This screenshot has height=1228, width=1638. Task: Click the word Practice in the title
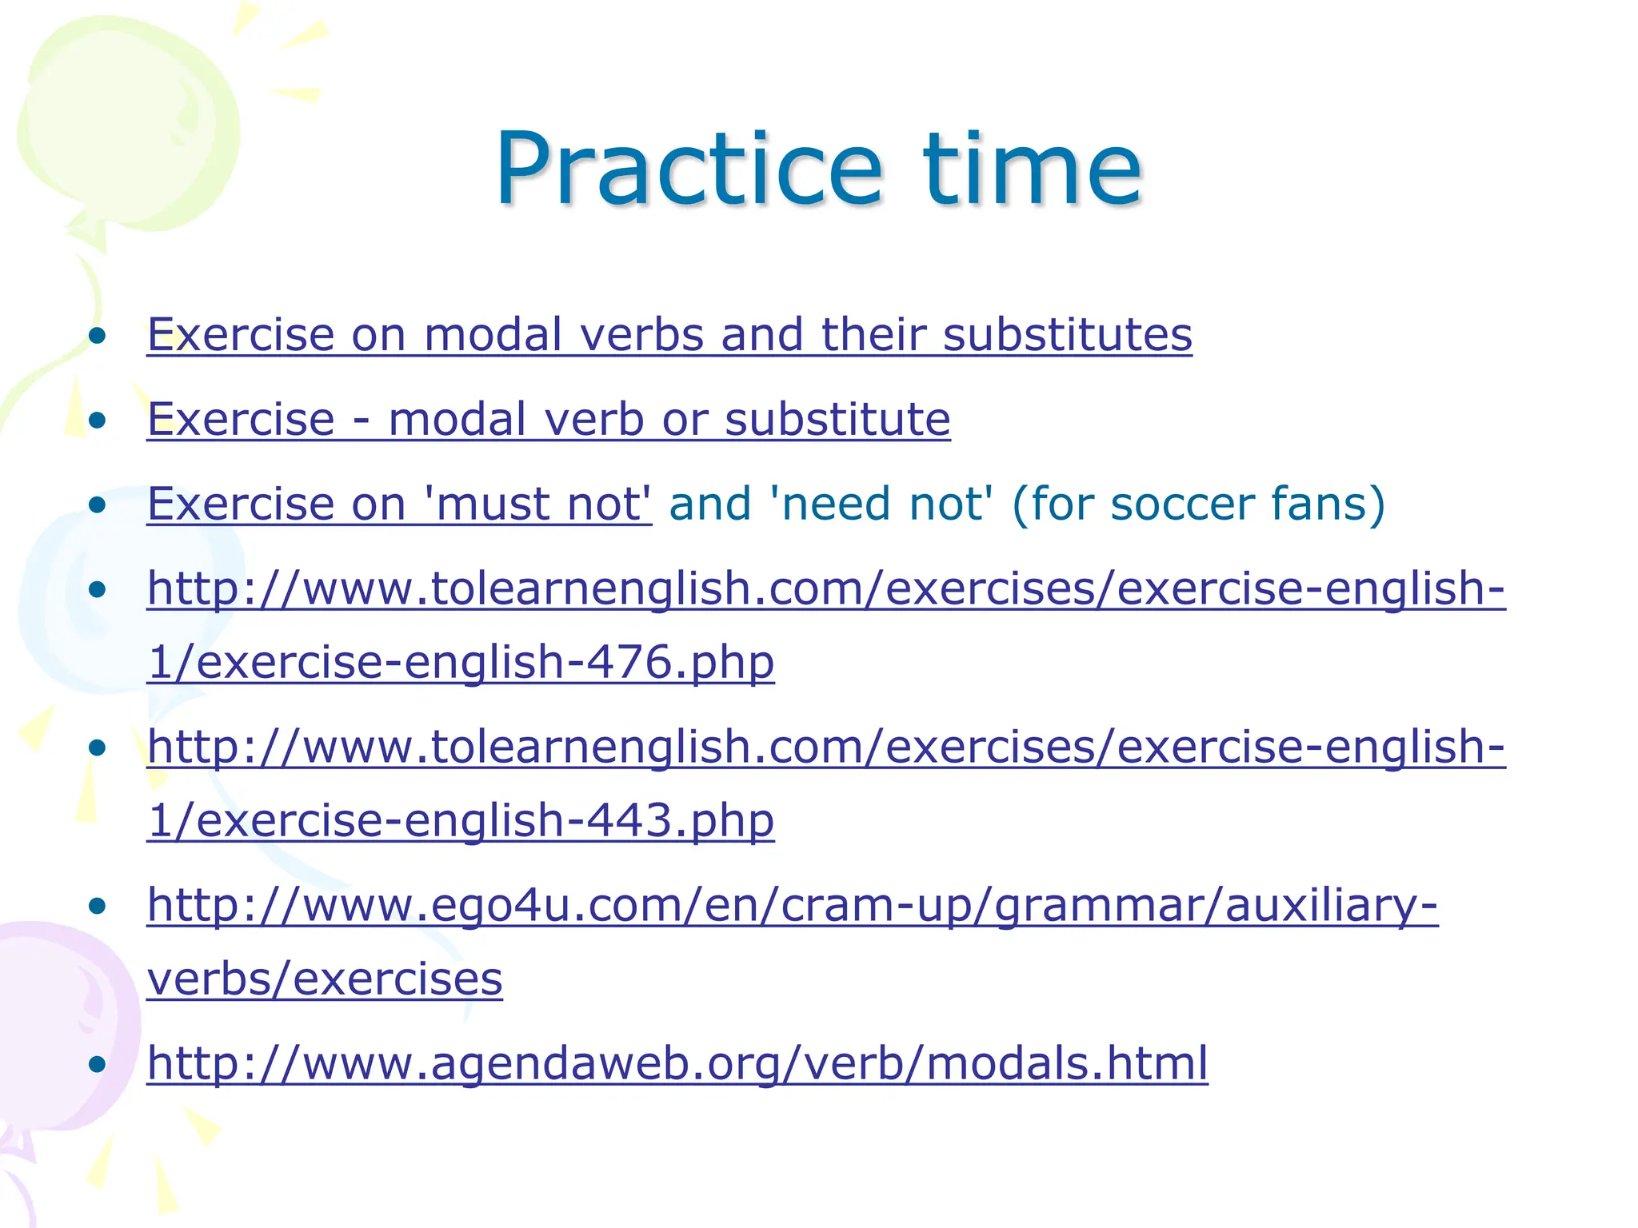[688, 169]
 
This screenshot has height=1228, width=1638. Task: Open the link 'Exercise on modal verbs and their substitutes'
[669, 334]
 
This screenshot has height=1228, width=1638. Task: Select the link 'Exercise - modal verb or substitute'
[549, 419]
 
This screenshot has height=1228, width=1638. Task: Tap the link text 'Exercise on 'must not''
[399, 504]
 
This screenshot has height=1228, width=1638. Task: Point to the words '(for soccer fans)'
[1197, 504]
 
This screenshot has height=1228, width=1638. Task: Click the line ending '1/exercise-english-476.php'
[461, 662]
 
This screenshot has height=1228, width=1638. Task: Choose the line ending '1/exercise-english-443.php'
[461, 820]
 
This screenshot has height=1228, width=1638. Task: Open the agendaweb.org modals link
[677, 1063]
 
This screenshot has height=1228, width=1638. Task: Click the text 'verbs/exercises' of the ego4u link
[325, 979]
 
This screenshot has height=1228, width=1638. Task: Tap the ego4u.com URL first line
[792, 905]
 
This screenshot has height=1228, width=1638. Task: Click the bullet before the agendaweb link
[98, 1064]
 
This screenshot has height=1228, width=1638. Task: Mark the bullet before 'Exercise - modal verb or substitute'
[98, 420]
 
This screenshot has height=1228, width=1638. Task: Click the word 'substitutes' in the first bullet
[1067, 334]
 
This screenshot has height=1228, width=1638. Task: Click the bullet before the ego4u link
[98, 906]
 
